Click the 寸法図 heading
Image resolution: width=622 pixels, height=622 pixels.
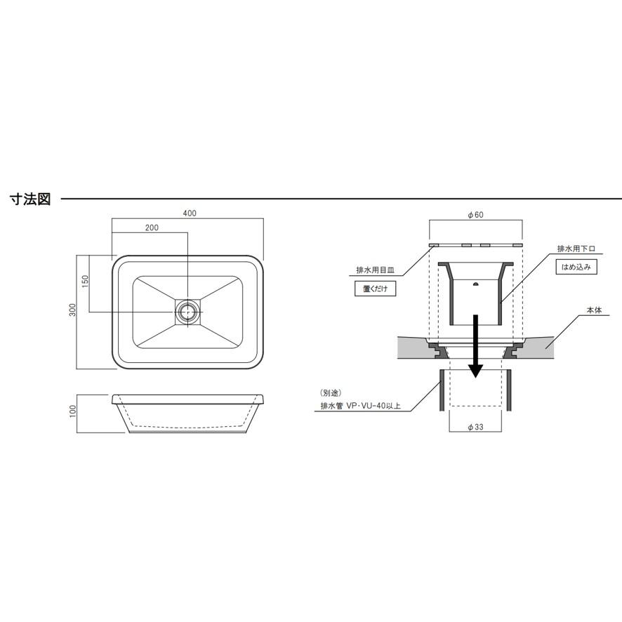(31, 199)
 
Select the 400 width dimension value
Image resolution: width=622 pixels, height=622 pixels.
(190, 213)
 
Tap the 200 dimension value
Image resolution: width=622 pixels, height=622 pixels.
(152, 227)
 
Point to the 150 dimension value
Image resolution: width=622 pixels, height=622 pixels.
(85, 282)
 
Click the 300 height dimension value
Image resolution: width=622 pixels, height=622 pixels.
(72, 310)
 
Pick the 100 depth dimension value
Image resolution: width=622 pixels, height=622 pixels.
(72, 411)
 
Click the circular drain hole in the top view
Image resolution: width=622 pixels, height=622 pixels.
(187, 312)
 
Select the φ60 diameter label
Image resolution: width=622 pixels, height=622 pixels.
(475, 215)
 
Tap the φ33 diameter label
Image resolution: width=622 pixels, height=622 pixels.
(475, 428)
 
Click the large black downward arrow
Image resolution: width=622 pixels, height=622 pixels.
(475, 346)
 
